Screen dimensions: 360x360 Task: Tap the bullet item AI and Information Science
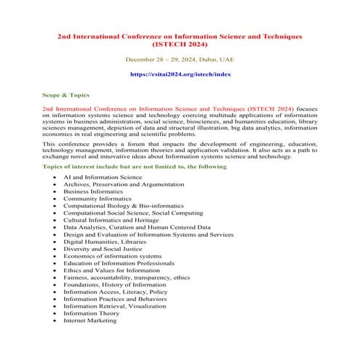pyautogui.click(x=103, y=177)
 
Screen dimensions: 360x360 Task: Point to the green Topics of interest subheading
pyautogui.click(x=135, y=167)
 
